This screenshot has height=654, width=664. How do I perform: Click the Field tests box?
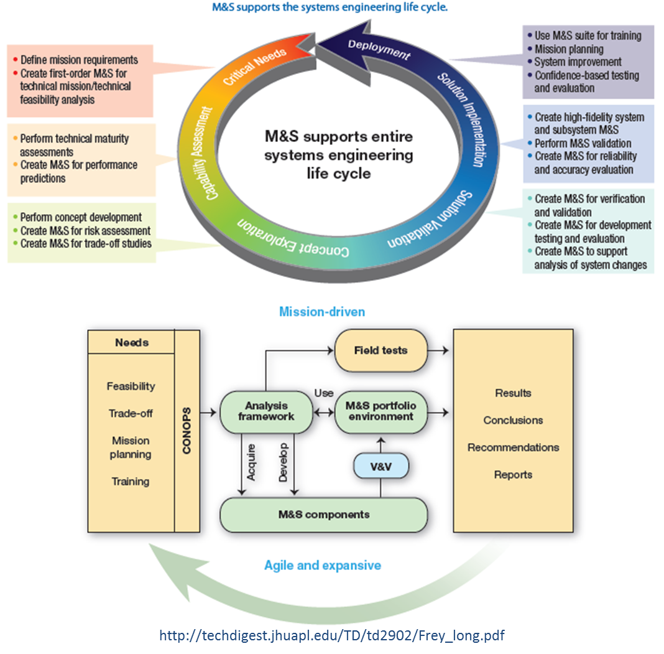coord(380,350)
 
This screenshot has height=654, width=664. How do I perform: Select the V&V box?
coord(380,465)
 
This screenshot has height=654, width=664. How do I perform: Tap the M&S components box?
coord(323,515)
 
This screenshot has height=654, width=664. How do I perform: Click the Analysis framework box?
coord(266,411)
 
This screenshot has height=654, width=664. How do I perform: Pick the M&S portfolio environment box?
coord(381,411)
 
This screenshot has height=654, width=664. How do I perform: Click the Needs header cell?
coord(132,342)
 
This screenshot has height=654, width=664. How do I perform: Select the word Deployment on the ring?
coord(379,49)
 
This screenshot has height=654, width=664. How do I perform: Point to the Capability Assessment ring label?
coord(208,153)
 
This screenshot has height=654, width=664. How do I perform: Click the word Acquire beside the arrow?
coord(251,461)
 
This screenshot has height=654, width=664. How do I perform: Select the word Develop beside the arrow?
coord(284,461)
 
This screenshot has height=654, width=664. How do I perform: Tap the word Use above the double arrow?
coord(323,393)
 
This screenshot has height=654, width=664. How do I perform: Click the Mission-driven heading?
coord(321,311)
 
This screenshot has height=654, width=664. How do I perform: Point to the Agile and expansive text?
coord(323,565)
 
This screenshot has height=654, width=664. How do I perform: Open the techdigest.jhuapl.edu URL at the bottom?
coord(331,636)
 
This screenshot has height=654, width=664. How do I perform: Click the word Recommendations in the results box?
coord(513,447)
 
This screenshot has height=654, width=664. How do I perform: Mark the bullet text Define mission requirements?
coord(79,60)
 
